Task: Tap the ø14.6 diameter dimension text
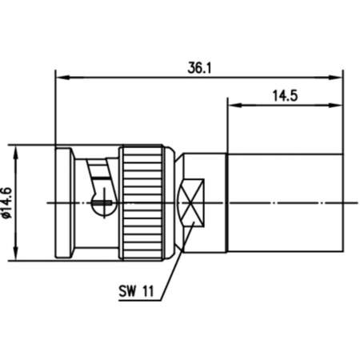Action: (x=7, y=202)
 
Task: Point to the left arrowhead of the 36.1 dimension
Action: (x=60, y=78)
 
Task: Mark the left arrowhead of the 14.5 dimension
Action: (x=233, y=104)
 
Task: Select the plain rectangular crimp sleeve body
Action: (x=284, y=202)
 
